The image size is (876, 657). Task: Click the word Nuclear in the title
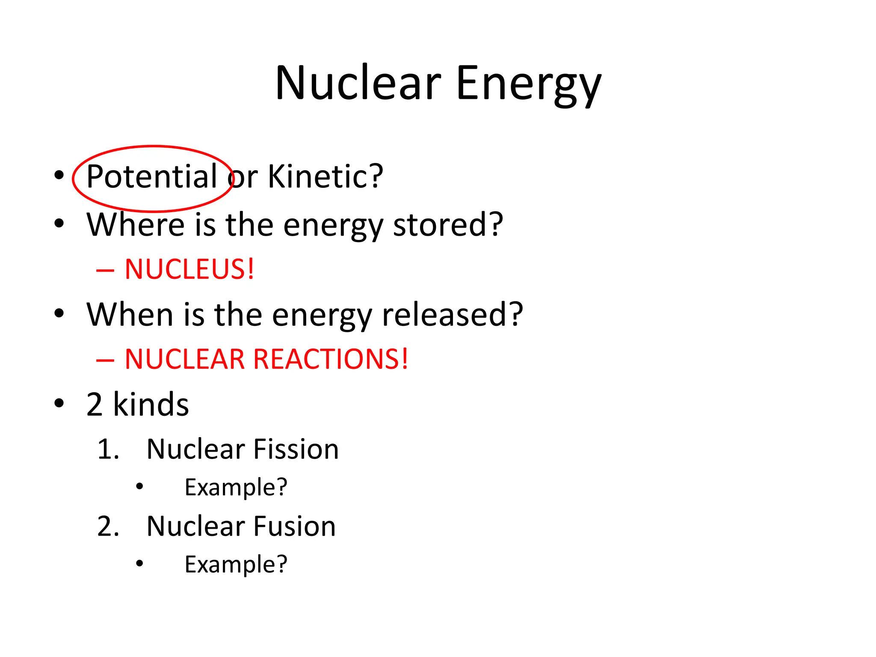358,83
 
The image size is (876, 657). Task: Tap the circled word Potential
152,177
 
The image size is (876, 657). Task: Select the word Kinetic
325,177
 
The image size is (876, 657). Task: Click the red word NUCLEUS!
189,269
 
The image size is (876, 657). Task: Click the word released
452,314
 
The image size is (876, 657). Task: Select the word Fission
296,449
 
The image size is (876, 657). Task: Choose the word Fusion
294,526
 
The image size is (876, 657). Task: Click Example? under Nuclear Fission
236,488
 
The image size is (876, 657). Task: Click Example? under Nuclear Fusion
236,565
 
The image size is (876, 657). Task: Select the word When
130,314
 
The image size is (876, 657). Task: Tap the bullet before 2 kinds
59,403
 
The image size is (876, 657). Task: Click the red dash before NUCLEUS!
105,270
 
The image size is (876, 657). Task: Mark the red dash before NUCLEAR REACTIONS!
105,360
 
